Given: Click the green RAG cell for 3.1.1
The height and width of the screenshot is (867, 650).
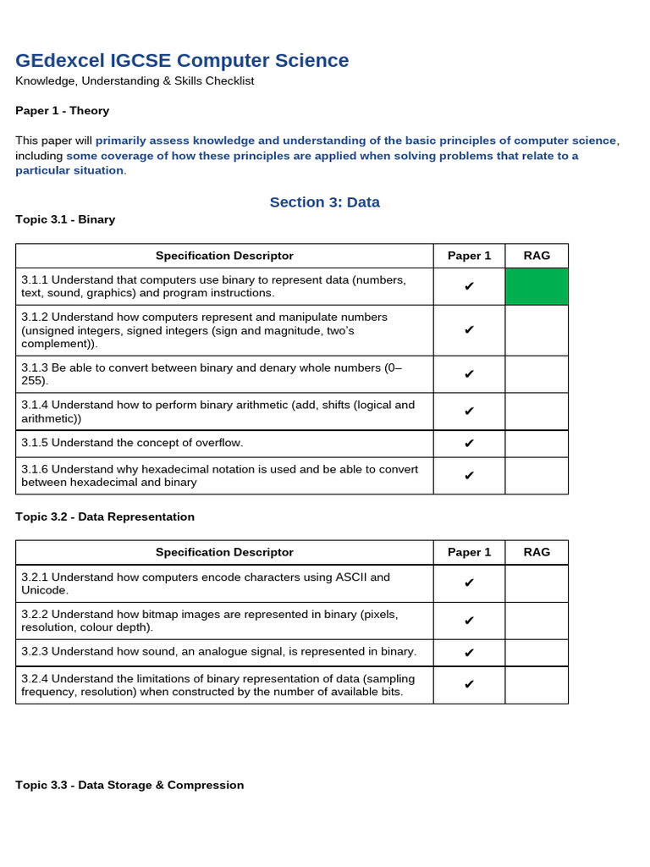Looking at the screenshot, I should pyautogui.click(x=537, y=286).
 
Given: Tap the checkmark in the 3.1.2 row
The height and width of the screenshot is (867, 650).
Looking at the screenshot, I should pyautogui.click(x=469, y=330).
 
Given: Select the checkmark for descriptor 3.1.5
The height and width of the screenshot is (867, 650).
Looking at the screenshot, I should pyautogui.click(x=469, y=443).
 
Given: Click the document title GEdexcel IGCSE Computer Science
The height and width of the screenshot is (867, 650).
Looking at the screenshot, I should pyautogui.click(x=182, y=60).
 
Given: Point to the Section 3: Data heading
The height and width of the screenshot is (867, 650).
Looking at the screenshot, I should pyautogui.click(x=324, y=202).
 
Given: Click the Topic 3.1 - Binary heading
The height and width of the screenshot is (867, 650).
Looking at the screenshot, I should pyautogui.click(x=65, y=219).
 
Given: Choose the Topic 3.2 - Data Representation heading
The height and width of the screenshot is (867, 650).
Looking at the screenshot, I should pyautogui.click(x=105, y=516).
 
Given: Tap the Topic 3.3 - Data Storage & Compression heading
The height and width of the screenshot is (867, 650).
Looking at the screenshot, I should pyautogui.click(x=129, y=785).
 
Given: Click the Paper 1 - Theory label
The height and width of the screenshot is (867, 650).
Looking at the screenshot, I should pyautogui.click(x=63, y=110).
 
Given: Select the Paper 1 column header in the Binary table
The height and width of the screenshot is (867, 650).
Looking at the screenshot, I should pyautogui.click(x=469, y=256).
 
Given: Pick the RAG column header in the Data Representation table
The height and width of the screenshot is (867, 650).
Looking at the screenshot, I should pyautogui.click(x=537, y=552).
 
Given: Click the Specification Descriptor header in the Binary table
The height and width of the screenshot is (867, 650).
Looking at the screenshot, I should pyautogui.click(x=224, y=256).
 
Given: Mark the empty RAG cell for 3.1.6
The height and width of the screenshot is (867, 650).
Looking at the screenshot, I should pyautogui.click(x=537, y=476).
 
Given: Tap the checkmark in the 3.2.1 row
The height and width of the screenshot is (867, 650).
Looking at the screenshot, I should pyautogui.click(x=469, y=583).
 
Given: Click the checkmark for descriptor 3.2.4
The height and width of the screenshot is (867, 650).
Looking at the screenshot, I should pyautogui.click(x=469, y=684).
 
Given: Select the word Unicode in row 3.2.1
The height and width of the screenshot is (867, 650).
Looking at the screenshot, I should pyautogui.click(x=43, y=590).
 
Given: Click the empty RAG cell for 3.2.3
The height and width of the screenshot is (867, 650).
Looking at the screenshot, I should pyautogui.click(x=537, y=652).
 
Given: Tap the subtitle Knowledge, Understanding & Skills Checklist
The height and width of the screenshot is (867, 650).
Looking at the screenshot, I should pyautogui.click(x=135, y=81).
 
